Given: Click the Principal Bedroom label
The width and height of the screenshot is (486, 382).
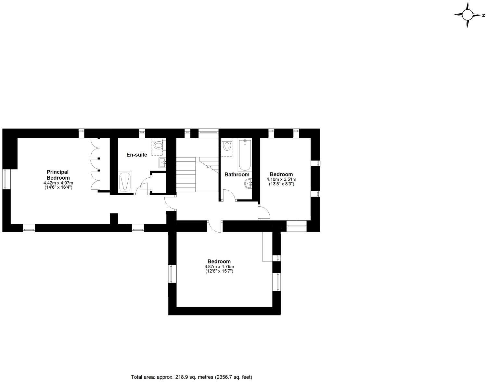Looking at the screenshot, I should (x=58, y=175).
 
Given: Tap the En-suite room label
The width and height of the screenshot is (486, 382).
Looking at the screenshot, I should (x=136, y=155).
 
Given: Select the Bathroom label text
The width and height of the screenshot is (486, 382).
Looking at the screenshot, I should (x=237, y=174).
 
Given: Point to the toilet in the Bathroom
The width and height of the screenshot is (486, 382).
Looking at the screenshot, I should (x=227, y=146).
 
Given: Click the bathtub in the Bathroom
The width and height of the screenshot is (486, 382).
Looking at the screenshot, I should (x=244, y=155).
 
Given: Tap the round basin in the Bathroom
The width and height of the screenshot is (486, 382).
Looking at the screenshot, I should (x=248, y=184).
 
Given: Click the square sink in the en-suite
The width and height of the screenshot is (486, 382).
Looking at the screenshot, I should (x=162, y=163).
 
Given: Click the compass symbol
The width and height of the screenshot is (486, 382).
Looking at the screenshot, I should (x=467, y=15).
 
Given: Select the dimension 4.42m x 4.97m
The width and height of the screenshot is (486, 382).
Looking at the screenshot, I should (x=58, y=183).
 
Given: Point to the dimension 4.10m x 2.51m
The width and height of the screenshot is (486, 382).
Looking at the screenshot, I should (x=281, y=179).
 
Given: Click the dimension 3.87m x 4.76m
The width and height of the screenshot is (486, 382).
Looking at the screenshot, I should (x=219, y=267).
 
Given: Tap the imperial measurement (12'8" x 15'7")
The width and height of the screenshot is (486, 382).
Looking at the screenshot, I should (x=219, y=271).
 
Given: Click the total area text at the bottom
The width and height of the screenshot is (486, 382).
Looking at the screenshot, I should (x=191, y=377).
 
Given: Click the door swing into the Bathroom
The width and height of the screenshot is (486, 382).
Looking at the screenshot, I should (x=229, y=196).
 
